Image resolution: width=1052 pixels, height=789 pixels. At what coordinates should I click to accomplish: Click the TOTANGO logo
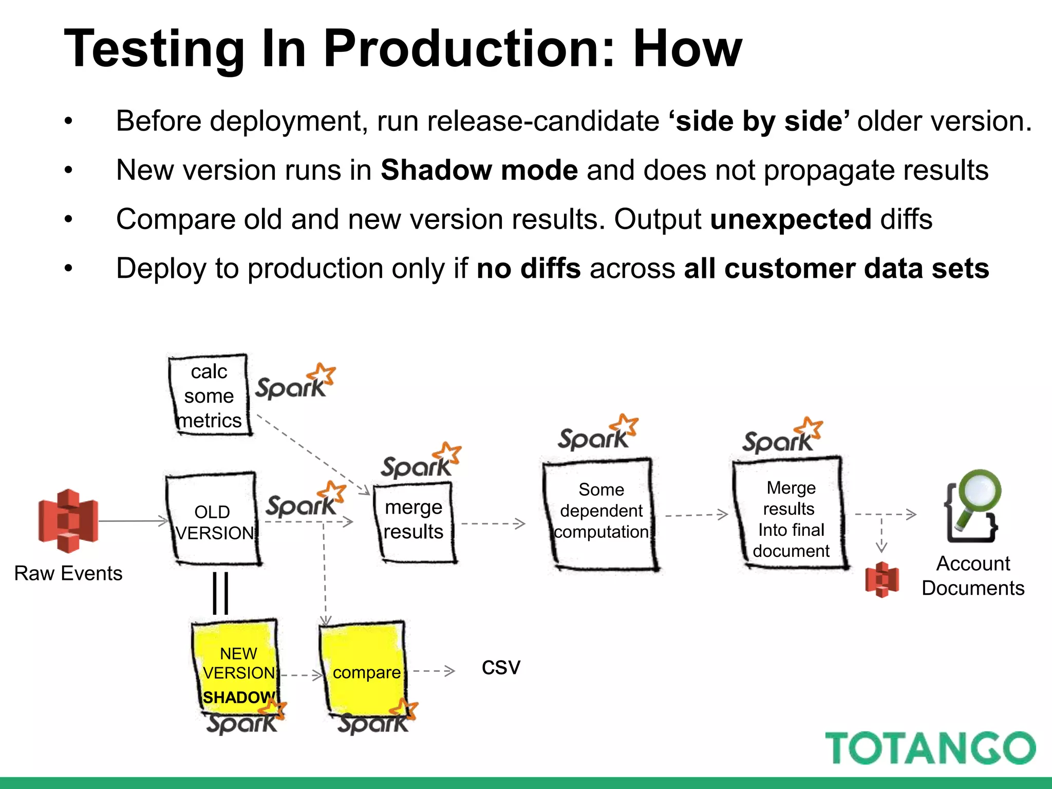coord(930,748)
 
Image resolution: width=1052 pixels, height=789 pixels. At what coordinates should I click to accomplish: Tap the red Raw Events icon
coord(68,521)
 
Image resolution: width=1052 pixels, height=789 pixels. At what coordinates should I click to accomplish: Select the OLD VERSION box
coord(213,519)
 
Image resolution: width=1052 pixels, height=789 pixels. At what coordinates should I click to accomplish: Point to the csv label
coord(501,667)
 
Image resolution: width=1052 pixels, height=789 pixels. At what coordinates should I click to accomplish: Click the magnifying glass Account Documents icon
coord(972,505)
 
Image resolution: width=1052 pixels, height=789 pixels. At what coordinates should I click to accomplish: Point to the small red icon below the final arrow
coord(881,579)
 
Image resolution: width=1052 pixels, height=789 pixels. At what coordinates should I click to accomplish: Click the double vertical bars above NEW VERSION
coord(221,593)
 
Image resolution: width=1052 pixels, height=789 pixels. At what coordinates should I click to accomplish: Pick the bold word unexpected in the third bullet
coord(791,219)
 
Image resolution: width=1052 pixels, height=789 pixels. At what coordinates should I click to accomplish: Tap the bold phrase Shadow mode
coord(479,170)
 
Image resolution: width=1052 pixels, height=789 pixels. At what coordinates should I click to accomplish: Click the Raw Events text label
coord(68,573)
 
